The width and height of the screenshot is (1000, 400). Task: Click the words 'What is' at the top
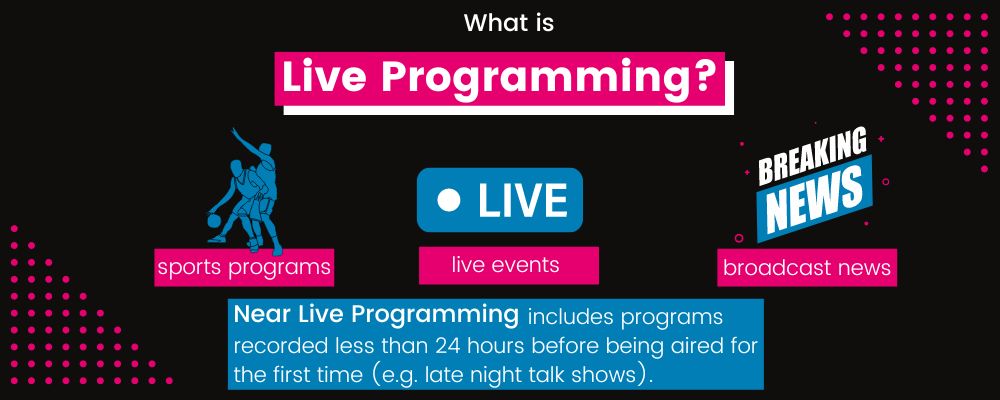(x=508, y=22)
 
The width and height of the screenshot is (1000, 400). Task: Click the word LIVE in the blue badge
(x=523, y=200)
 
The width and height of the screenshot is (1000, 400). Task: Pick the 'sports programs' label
(x=243, y=267)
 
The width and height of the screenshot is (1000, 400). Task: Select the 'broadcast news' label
(x=807, y=267)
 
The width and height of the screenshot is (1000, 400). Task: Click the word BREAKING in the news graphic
(x=812, y=158)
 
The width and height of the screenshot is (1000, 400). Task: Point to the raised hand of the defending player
(x=236, y=131)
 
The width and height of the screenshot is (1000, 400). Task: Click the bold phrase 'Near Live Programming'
(x=375, y=314)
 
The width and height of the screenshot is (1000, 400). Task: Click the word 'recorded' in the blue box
(x=277, y=345)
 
